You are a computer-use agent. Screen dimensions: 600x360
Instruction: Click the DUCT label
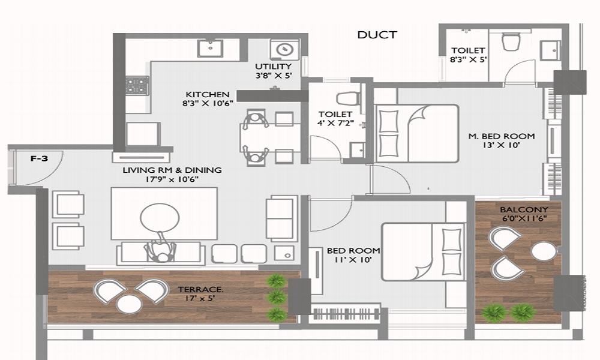point(377,35)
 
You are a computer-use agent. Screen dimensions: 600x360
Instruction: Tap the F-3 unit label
point(39,158)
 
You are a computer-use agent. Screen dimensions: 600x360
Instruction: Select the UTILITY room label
point(273,67)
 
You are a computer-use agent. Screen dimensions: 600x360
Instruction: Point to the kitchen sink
point(210,48)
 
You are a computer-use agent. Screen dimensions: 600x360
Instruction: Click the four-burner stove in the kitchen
point(137,86)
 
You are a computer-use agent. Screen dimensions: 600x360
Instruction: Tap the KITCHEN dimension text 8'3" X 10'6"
point(208,103)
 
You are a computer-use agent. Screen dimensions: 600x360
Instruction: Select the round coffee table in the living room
point(160,218)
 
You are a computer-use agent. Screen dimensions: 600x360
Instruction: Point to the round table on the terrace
point(129,305)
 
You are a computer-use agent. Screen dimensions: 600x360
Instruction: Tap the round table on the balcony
point(543,252)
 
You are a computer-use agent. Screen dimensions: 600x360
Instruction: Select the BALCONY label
point(524,209)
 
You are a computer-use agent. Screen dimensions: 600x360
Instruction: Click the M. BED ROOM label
point(501,136)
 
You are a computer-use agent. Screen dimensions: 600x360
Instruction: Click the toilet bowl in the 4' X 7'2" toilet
point(347,99)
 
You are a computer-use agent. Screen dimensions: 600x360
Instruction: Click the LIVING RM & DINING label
point(172,170)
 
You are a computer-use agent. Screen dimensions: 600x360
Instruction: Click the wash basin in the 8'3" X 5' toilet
point(550,50)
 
